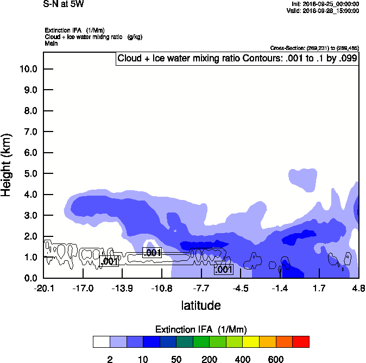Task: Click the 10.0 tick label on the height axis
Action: (28, 69)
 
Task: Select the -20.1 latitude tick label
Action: (43, 288)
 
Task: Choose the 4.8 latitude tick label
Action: (358, 288)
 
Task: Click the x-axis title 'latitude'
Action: (201, 305)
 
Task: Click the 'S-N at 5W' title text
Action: (64, 4)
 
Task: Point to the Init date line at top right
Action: (324, 4)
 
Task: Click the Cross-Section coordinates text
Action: (314, 48)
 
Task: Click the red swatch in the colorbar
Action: (301, 342)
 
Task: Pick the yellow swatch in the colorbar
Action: (251, 342)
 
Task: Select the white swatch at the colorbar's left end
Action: (101, 342)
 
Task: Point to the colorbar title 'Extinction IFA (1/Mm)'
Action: (201, 329)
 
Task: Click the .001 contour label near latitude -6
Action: (224, 269)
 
